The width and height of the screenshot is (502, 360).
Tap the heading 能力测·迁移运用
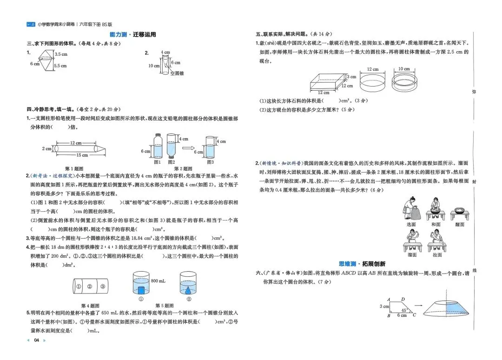(x=132, y=34)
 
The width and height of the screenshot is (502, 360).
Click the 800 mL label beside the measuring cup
(x=157, y=281)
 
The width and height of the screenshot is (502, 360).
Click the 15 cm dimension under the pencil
(x=69, y=155)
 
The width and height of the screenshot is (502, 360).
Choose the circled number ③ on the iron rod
(x=102, y=287)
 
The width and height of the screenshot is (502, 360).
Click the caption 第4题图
(x=90, y=306)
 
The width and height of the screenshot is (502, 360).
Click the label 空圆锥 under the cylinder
(x=177, y=73)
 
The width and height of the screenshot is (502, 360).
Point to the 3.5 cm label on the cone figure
(x=61, y=54)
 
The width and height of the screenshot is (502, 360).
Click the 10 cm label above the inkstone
(x=403, y=69)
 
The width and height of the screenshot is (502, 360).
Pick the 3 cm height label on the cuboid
(x=352, y=77)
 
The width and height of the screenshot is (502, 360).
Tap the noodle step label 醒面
(x=460, y=225)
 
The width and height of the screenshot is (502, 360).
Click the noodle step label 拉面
(x=437, y=255)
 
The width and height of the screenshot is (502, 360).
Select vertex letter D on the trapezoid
(x=403, y=300)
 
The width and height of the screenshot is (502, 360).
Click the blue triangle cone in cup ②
(x=189, y=290)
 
